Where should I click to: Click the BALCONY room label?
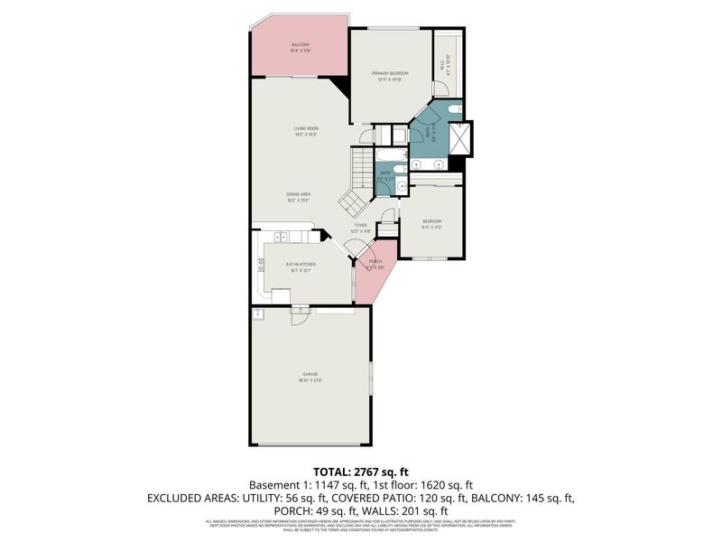point(301,47)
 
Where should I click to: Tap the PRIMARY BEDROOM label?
point(393,76)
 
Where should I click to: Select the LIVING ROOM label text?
point(306,130)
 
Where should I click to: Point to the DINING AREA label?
point(299,196)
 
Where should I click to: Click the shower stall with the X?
point(462,138)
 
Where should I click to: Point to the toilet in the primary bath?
point(455,110)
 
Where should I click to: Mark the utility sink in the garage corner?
point(258,313)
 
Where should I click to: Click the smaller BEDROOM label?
point(432,222)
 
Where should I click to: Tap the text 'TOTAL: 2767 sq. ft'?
point(361,472)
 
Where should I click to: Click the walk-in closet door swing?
point(441,88)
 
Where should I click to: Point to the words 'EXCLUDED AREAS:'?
point(184,497)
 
